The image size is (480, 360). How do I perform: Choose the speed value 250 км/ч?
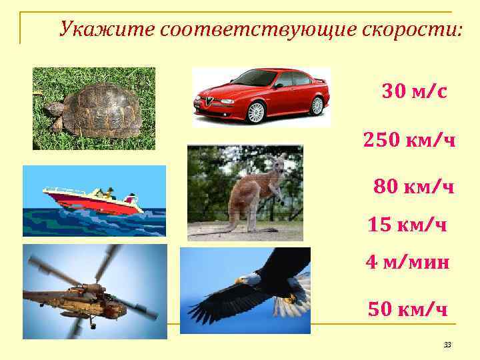point(409,140)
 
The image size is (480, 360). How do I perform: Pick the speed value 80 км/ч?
point(414,187)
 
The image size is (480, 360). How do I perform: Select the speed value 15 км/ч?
point(407,225)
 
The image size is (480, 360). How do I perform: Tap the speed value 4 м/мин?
point(407,263)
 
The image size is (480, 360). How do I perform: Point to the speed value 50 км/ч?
point(407,309)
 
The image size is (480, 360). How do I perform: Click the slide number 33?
point(447,345)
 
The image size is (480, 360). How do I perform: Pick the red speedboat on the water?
point(93,199)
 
